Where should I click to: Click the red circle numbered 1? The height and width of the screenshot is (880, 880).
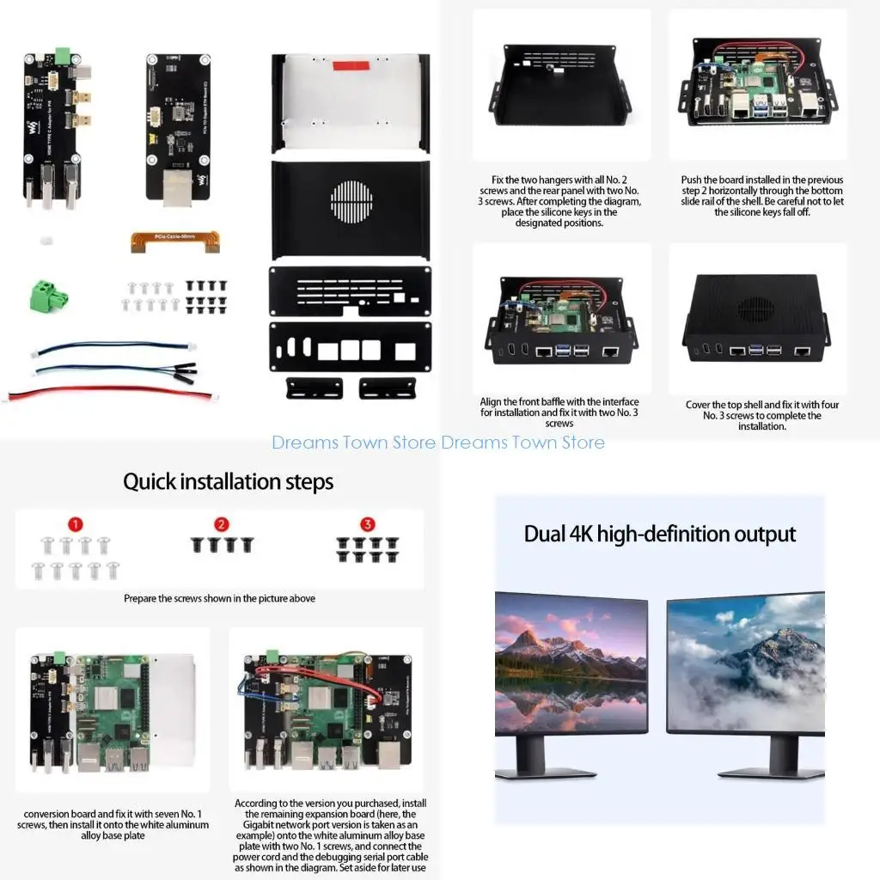[76, 524]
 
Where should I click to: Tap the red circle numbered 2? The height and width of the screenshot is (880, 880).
[222, 524]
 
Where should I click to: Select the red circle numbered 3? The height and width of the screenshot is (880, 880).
[368, 524]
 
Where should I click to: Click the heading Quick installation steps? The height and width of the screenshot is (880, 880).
[228, 482]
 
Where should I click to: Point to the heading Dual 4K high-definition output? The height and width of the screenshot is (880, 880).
[660, 534]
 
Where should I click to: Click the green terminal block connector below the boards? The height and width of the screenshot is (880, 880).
[48, 296]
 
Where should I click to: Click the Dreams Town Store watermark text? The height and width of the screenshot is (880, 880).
[438, 443]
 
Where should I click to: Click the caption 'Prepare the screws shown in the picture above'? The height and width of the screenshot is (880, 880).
[219, 598]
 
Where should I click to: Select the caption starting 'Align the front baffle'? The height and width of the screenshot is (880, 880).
[559, 412]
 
